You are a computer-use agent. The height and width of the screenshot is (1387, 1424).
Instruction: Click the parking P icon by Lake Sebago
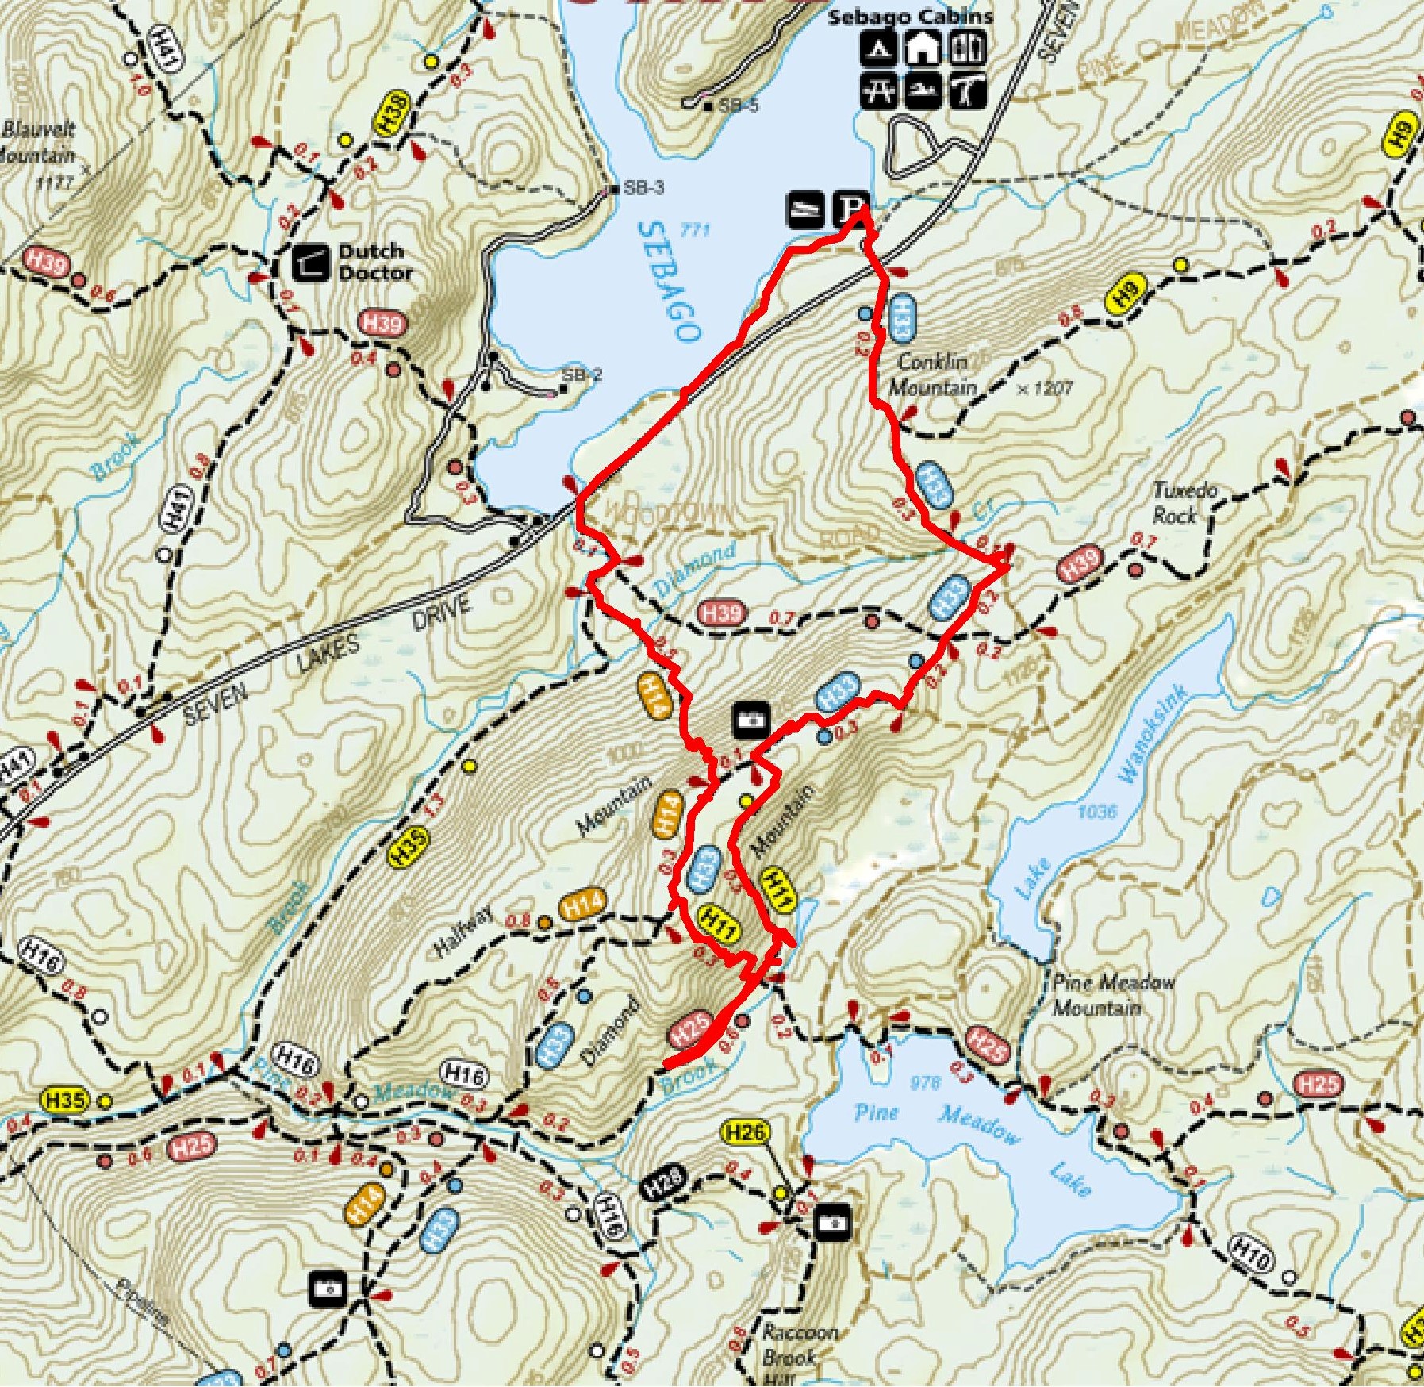849,209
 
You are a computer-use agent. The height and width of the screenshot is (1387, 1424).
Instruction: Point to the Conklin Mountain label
933,374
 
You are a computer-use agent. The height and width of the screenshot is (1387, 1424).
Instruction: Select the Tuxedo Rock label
1183,502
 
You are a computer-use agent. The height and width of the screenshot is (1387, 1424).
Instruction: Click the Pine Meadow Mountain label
1112,994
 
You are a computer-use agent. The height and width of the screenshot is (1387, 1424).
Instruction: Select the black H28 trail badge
662,1183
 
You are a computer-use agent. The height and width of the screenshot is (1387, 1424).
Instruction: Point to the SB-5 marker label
739,105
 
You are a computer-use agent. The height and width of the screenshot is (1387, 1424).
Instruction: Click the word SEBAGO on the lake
669,281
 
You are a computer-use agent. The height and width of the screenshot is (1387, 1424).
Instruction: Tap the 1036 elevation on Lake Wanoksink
1096,811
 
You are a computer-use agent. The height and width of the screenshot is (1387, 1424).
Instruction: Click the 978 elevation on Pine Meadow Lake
925,1082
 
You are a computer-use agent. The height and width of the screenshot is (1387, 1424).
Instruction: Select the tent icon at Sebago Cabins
878,49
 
